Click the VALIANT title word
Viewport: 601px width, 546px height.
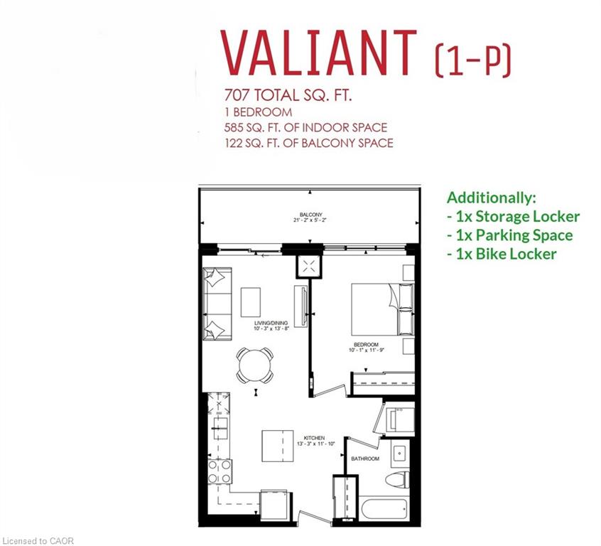click(x=318, y=53)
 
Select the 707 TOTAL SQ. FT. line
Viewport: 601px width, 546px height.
click(x=288, y=95)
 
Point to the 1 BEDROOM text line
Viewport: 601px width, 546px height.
click(x=258, y=112)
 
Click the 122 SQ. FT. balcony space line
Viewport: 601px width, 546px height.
click(x=308, y=143)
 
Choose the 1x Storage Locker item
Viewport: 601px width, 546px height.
click(x=513, y=216)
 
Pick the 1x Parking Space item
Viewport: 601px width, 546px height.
click(x=510, y=235)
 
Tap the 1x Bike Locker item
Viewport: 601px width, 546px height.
click(x=502, y=254)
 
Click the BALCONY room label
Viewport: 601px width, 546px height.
click(x=310, y=215)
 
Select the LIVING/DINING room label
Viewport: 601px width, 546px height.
click(x=271, y=323)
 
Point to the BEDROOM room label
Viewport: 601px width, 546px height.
click(x=366, y=345)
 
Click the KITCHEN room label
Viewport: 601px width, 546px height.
click(x=314, y=438)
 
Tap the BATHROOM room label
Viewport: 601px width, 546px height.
click(x=365, y=459)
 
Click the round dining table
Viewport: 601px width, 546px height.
click(x=255, y=365)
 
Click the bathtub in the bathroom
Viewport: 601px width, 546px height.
click(x=384, y=509)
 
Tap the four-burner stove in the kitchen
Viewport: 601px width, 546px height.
click(x=220, y=471)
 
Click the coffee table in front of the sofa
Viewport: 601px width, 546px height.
click(x=251, y=302)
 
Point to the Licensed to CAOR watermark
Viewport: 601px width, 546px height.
click(x=37, y=541)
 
